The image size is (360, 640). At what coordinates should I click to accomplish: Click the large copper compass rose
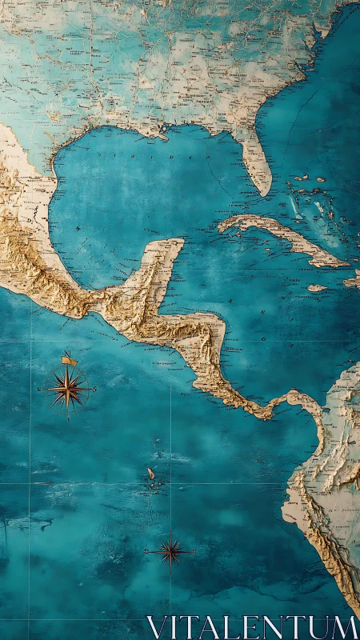click(x=68, y=390)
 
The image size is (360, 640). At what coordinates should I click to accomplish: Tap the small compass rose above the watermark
click(x=170, y=550)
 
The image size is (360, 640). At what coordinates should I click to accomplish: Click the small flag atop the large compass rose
click(x=69, y=360)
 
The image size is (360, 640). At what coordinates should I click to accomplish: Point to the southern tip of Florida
click(x=265, y=192)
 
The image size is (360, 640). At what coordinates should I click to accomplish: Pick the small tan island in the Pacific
click(x=150, y=474)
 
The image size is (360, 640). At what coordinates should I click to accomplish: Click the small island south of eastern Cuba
click(x=317, y=288)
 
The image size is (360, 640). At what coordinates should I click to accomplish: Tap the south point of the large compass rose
click(x=68, y=418)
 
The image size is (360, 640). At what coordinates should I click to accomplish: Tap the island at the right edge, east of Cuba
click(x=353, y=280)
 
